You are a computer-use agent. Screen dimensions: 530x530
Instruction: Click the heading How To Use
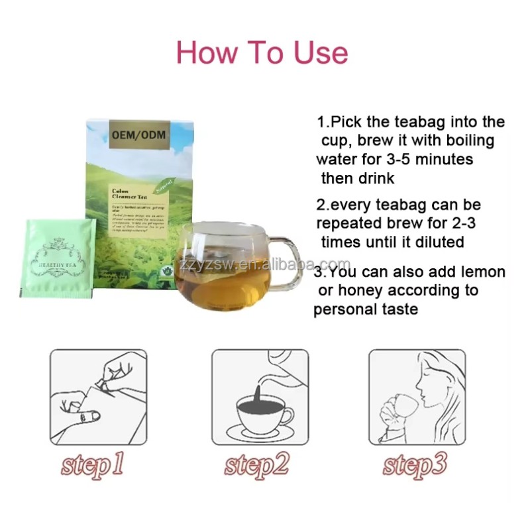pyautogui.click(x=262, y=53)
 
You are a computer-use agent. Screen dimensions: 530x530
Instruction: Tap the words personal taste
pyautogui.click(x=366, y=309)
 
